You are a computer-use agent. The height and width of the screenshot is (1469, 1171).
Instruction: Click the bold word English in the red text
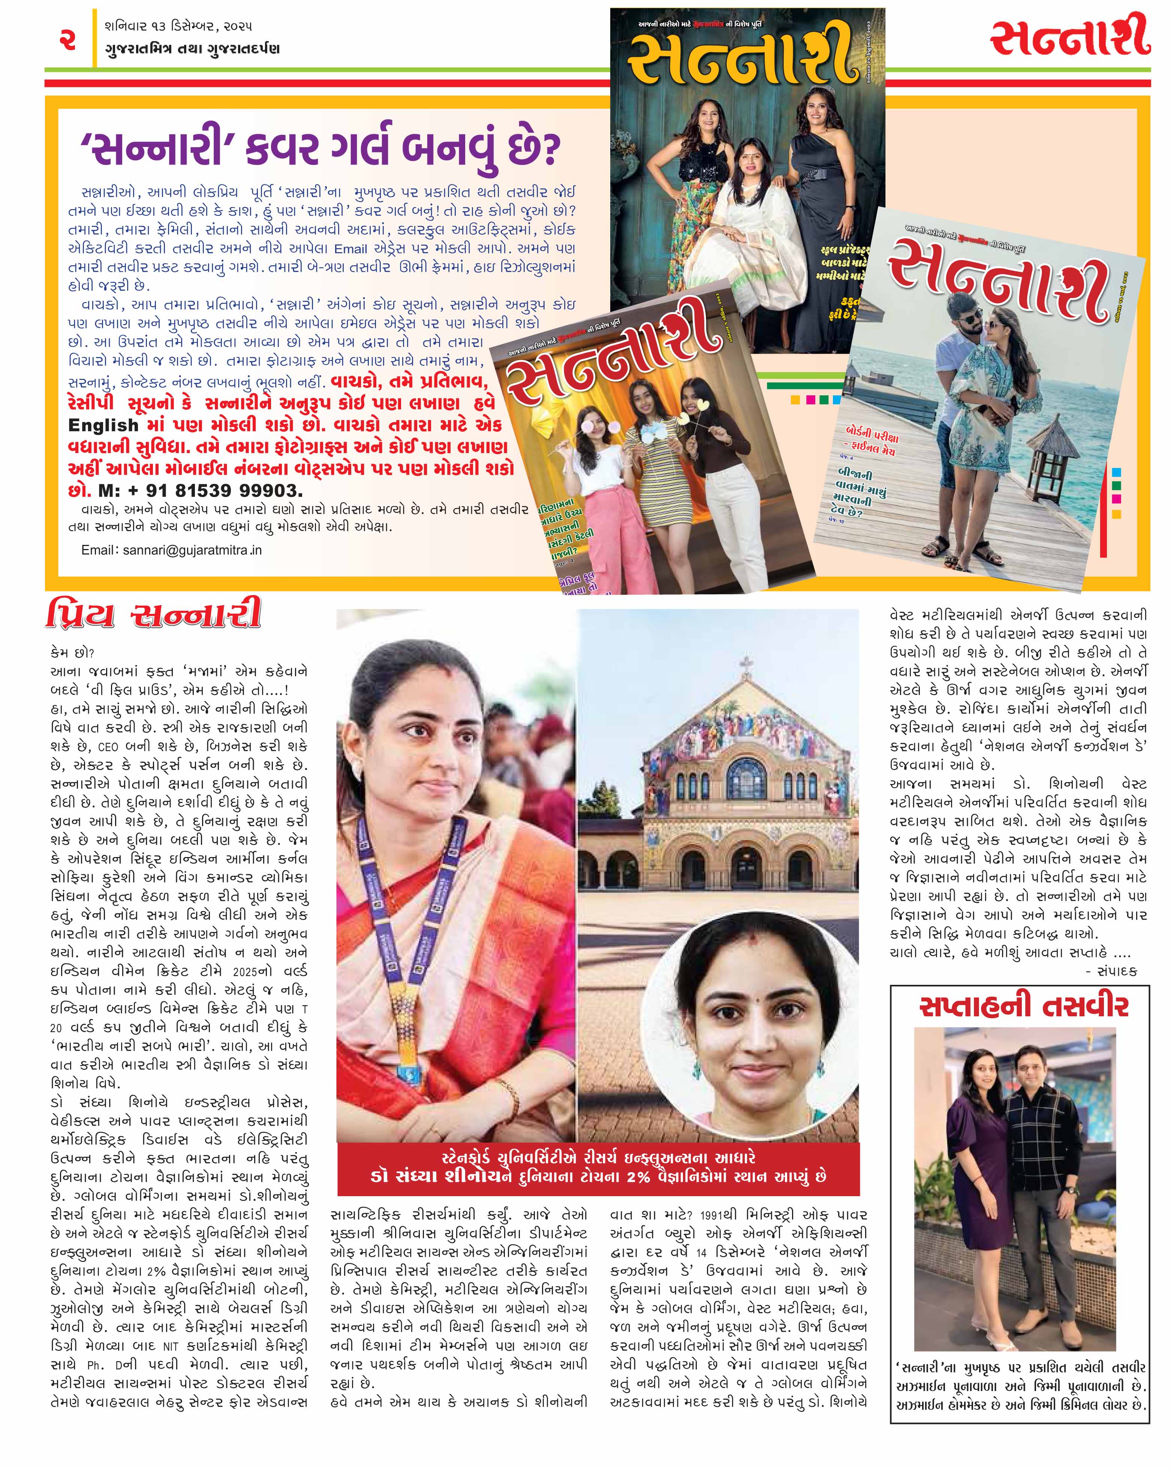[x=103, y=425]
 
